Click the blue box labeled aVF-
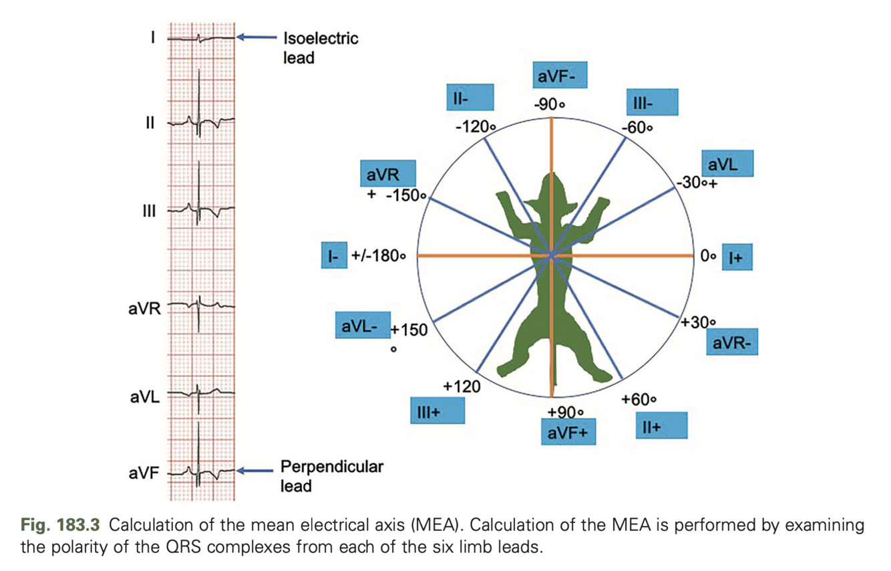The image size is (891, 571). (x=560, y=77)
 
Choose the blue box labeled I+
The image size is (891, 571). (x=736, y=257)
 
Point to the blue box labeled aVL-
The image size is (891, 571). (x=361, y=327)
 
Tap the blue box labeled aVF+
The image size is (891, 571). (x=568, y=433)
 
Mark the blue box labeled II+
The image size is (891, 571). (x=660, y=426)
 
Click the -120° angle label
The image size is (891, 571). (x=478, y=126)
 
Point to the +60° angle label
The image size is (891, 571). (x=639, y=399)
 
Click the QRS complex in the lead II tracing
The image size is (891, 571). (x=199, y=120)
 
